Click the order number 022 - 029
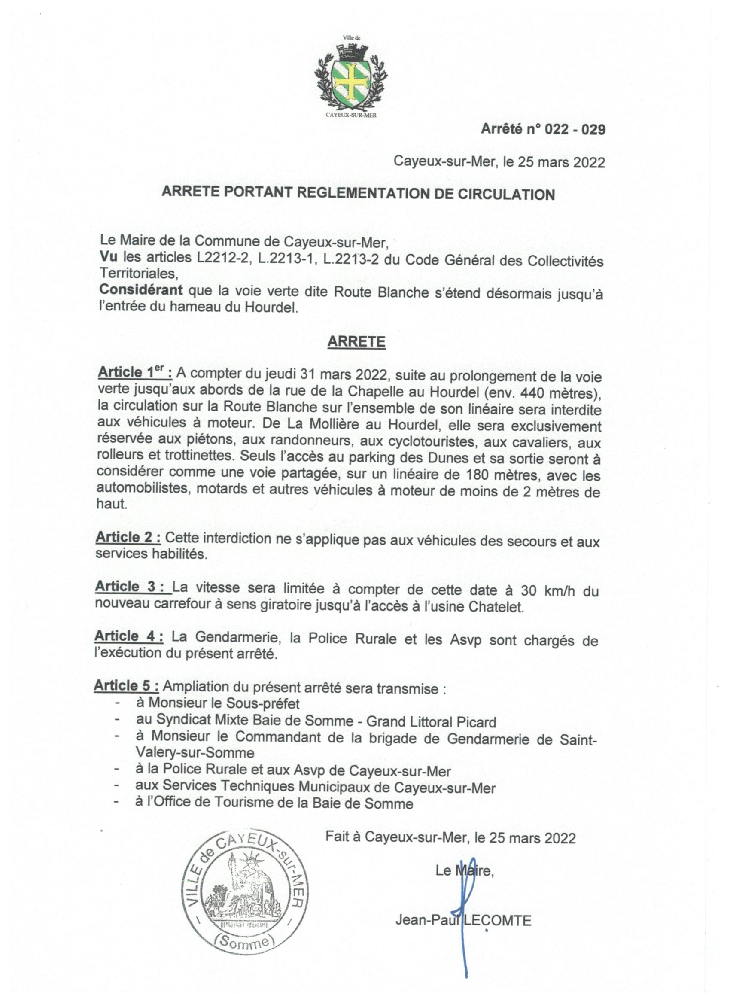[574, 129]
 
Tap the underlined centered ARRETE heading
[356, 342]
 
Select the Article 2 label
[128, 537]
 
